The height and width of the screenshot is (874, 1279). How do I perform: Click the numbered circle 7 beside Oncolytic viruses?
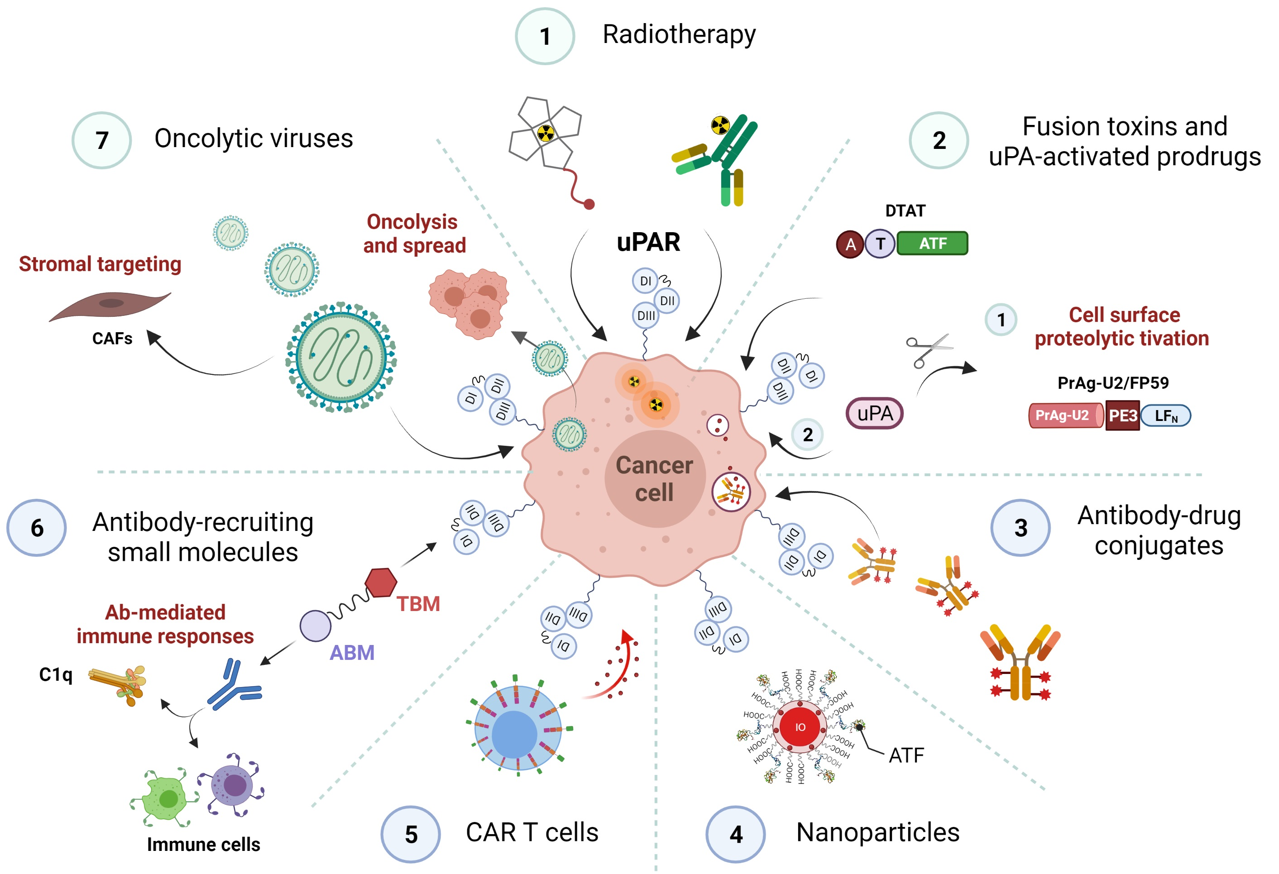point(102,140)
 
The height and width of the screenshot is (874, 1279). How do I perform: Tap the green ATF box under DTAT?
point(932,243)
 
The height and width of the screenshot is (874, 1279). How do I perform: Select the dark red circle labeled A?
point(850,244)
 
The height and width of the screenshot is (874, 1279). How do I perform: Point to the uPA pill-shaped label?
point(875,414)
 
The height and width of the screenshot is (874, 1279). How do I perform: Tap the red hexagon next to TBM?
point(381,583)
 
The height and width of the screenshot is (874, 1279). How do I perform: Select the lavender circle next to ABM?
point(316,626)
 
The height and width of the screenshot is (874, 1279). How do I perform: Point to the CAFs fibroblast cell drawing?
point(110,305)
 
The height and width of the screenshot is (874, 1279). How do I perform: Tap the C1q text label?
point(56,674)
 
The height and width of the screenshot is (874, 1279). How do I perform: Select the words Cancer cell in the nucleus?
point(654,478)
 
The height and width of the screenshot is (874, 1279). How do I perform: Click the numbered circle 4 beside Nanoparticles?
point(736,835)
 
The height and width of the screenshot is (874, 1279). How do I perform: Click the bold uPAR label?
point(648,242)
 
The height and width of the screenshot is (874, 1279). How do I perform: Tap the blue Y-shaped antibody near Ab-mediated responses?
point(234,685)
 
